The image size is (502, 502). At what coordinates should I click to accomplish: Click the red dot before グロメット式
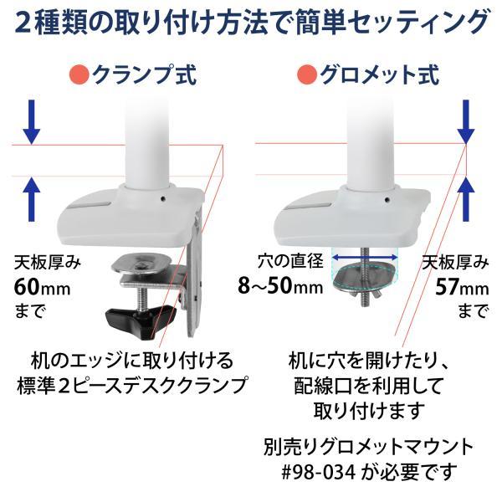[306, 77]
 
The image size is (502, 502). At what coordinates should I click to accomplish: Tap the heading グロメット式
[373, 77]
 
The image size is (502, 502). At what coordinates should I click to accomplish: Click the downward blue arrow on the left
[32, 122]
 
